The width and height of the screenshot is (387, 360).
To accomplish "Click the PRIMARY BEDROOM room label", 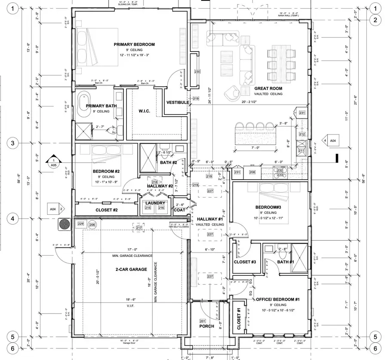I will [x=134, y=45].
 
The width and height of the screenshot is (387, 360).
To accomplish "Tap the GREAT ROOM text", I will [x=268, y=88].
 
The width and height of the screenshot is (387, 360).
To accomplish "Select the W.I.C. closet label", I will [x=144, y=111].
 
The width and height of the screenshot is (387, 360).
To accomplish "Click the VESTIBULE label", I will [x=178, y=102].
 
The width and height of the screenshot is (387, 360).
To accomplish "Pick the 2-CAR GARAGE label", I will [x=131, y=269].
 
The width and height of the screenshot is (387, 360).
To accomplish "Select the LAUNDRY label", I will [x=155, y=203].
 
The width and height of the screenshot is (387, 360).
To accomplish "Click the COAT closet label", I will [x=179, y=210].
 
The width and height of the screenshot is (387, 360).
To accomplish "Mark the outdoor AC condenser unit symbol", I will [x=64, y=224].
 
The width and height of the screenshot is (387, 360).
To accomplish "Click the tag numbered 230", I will [x=197, y=72].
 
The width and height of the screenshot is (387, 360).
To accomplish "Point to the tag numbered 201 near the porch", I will [x=203, y=320].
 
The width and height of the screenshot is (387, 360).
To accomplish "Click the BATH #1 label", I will [x=286, y=262].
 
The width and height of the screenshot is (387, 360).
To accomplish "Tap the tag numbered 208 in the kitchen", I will [x=252, y=172].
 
